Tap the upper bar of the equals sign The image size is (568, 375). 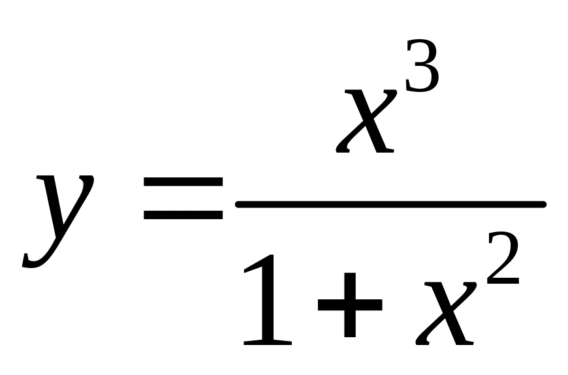(x=183, y=195)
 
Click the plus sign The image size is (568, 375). (x=349, y=304)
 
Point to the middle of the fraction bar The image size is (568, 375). (x=390, y=204)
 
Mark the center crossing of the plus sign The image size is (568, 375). (x=349, y=304)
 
